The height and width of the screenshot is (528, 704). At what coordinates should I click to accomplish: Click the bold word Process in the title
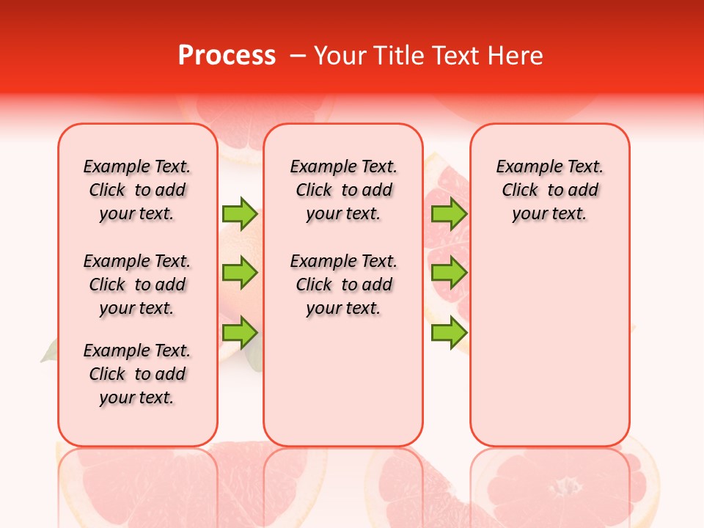click(x=227, y=55)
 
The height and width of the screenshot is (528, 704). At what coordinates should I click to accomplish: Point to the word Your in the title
click(x=341, y=55)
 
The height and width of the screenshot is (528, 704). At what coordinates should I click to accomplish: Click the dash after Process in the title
click(x=298, y=56)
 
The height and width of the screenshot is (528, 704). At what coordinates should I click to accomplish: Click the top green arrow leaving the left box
click(x=240, y=214)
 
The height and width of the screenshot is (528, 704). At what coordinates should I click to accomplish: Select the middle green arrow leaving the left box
click(x=240, y=274)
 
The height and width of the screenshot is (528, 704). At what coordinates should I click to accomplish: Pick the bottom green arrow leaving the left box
click(x=240, y=333)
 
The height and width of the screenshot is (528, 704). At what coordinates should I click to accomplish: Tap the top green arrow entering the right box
click(x=449, y=214)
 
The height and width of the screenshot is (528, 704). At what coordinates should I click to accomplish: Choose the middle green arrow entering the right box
click(x=449, y=274)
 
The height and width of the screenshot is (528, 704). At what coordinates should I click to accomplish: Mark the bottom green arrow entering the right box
click(x=449, y=333)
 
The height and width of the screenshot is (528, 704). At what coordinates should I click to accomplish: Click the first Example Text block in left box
click(x=137, y=190)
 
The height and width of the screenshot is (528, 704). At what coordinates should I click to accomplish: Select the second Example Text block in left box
click(x=137, y=285)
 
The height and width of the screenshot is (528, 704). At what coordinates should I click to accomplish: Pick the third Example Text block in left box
click(x=137, y=374)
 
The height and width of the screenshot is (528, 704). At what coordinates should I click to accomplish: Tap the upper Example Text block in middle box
click(x=343, y=190)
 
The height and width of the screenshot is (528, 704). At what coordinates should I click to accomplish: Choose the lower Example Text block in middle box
click(x=343, y=285)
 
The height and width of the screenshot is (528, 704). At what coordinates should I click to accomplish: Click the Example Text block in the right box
click(x=549, y=190)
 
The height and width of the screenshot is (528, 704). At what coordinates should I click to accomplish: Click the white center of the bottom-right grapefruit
click(x=566, y=486)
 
